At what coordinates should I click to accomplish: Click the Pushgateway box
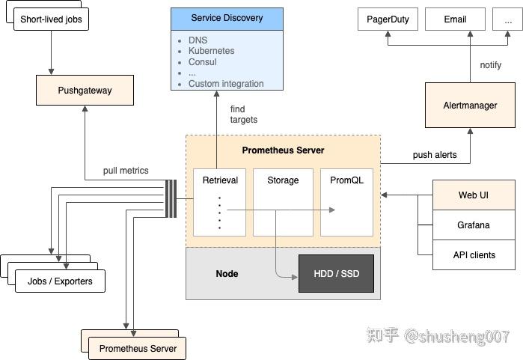85,91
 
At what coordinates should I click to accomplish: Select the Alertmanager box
470,106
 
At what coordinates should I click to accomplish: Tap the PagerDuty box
388,19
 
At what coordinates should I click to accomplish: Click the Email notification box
454,19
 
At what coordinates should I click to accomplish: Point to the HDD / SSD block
336,273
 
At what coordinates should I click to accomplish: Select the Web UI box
474,195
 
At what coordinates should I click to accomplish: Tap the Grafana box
474,225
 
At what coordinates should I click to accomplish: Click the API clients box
474,254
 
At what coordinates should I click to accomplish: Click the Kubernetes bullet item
211,51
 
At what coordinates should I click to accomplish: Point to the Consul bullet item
202,62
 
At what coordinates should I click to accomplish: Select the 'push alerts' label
434,155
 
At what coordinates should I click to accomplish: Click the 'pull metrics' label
126,171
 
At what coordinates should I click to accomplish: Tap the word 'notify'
491,65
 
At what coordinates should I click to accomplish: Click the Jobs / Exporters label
60,281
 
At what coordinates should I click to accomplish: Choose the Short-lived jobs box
50,18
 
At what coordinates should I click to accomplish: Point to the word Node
227,273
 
